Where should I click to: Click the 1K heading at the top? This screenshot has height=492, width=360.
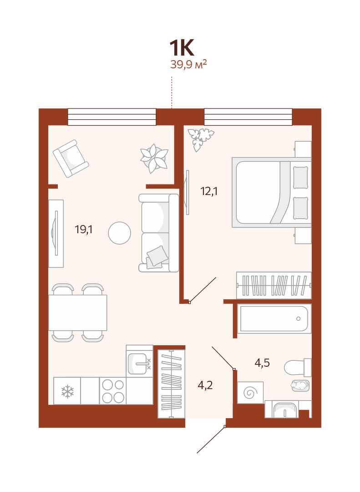coord(182,48)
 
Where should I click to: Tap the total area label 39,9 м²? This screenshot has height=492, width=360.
coord(188,64)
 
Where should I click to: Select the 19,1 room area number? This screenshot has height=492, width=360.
coord(84,230)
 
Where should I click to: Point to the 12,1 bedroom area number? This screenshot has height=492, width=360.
coord(209,191)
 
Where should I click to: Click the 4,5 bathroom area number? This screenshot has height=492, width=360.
coord(262,363)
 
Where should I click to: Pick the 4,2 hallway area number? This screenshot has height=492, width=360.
coord(205,384)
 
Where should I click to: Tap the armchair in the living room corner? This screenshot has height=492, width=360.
coord(71,159)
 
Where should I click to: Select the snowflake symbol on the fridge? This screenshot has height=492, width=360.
coord(67,391)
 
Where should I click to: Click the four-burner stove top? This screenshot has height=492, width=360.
coord(113,391)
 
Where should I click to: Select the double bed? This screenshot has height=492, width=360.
coord(272,192)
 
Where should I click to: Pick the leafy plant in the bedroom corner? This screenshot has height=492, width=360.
coord(200,138)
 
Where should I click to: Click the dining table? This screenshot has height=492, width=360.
coord(78,313)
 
